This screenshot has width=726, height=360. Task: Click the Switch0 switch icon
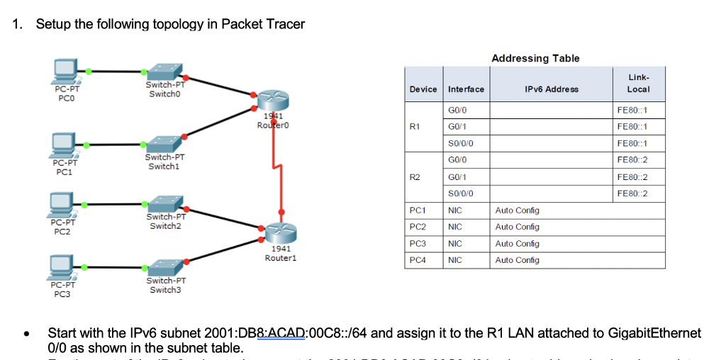pyautogui.click(x=164, y=72)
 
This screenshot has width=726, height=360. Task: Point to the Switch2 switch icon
pyautogui.click(x=164, y=203)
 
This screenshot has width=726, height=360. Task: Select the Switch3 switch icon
pyautogui.click(x=164, y=266)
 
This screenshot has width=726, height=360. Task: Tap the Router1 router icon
pyautogui.click(x=279, y=232)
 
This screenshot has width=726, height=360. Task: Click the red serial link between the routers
pyautogui.click(x=277, y=170)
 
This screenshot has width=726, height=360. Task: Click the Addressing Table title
pyautogui.click(x=535, y=58)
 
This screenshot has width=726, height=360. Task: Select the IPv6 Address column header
pyautogui.click(x=551, y=89)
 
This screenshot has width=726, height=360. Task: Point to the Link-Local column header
pyautogui.click(x=638, y=84)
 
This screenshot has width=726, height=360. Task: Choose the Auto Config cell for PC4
pyautogui.click(x=517, y=260)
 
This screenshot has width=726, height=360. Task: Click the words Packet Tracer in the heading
pyautogui.click(x=263, y=24)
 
